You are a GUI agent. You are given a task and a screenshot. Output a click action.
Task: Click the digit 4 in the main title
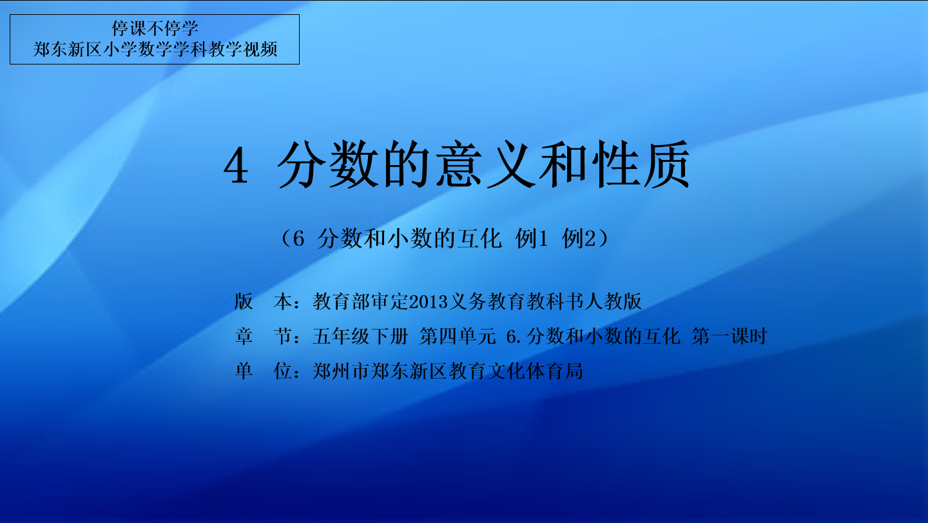point(236,166)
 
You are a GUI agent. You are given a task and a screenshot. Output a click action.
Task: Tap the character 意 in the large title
point(459,164)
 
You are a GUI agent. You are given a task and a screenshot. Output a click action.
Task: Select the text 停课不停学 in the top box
point(155,28)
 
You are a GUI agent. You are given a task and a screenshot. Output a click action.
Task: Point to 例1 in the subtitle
point(532,239)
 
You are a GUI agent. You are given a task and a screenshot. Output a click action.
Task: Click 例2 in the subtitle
point(579,239)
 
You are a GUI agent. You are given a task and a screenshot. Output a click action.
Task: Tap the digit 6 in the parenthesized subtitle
point(298,239)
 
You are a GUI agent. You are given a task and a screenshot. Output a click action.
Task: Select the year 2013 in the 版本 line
point(429,302)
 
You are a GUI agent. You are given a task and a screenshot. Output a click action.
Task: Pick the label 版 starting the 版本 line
point(244,301)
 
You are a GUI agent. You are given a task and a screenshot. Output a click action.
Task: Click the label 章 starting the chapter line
point(244,336)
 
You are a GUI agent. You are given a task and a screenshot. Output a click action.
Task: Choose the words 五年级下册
point(360,336)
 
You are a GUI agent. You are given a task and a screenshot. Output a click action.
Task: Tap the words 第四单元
point(458,336)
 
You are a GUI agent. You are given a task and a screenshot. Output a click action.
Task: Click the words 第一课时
point(730,336)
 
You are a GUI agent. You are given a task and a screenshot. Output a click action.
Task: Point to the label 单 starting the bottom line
point(244,371)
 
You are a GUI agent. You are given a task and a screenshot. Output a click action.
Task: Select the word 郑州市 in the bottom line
point(341,371)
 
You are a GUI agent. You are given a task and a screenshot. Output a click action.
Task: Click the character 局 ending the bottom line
point(574,371)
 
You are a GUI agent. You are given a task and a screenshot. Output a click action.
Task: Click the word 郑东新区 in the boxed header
point(67,49)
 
